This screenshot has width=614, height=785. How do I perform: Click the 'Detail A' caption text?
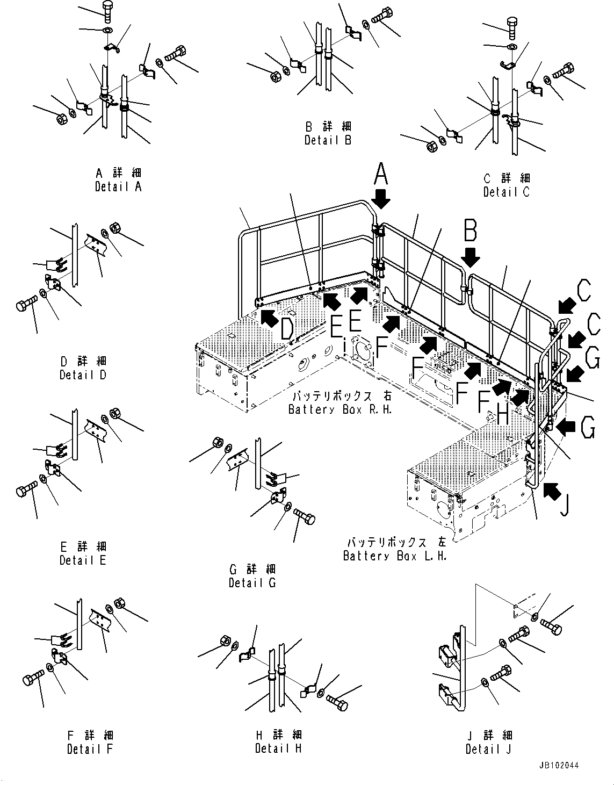pos(118,187)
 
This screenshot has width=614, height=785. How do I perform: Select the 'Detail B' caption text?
pos(328,140)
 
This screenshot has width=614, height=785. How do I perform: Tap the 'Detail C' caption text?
pos(506,192)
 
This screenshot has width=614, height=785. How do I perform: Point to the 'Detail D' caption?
pos(83,375)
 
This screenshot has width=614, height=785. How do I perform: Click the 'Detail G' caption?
pos(252,582)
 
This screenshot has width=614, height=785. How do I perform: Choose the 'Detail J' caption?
pos(489,749)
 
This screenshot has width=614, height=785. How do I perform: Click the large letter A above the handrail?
pos(381,174)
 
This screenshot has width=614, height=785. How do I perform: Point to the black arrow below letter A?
pos(381,198)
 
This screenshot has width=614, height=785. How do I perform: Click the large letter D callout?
pos(287,329)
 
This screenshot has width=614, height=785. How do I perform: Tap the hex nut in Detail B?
pos(273,76)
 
